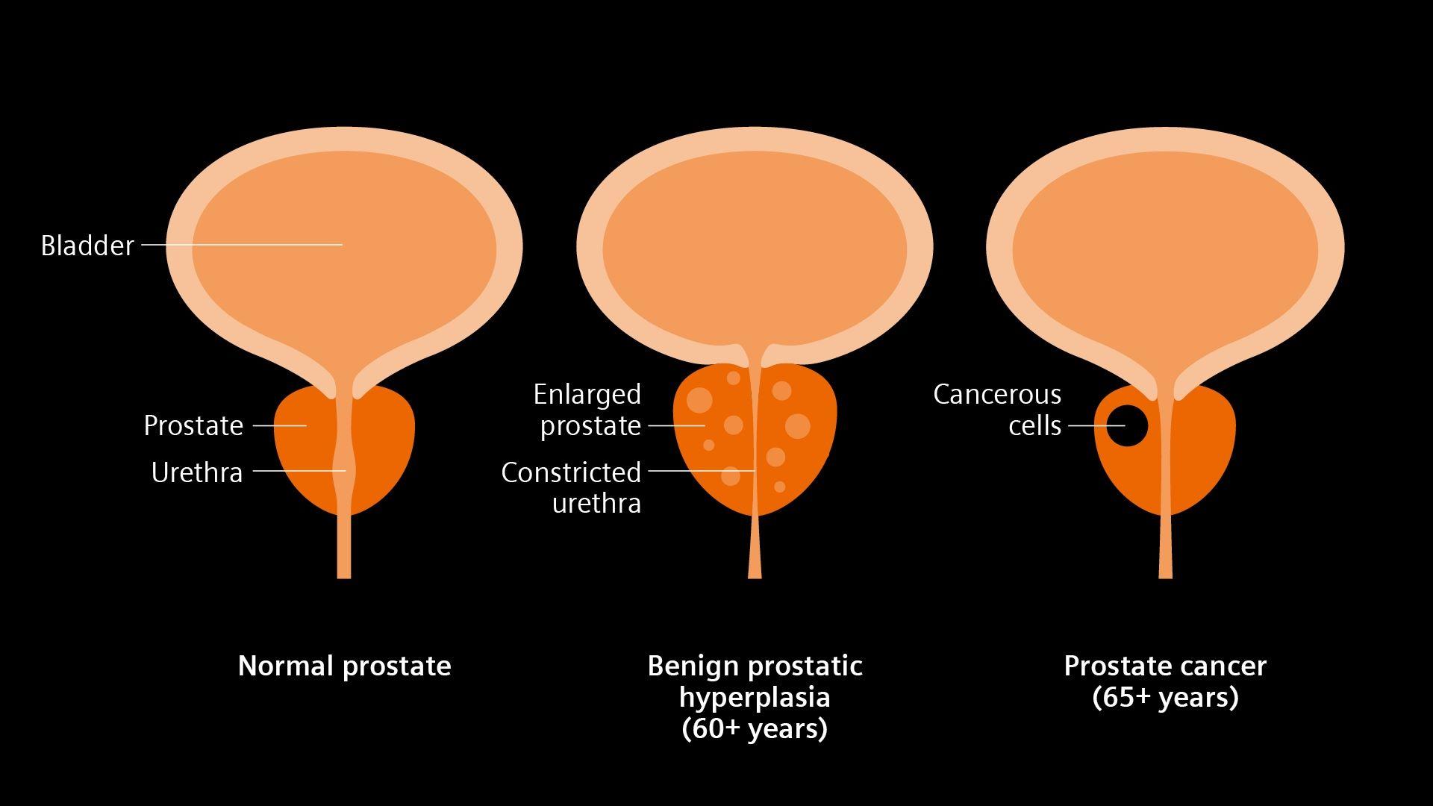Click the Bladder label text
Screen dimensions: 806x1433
(87, 246)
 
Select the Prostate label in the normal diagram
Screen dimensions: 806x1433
(193, 425)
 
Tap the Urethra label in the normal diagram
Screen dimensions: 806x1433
(197, 472)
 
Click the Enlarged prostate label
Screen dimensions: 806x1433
(587, 410)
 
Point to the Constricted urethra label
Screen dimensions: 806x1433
(572, 487)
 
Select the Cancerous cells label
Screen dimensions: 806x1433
(997, 410)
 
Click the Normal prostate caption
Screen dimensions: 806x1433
(344, 666)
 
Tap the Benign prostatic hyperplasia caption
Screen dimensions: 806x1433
(755, 681)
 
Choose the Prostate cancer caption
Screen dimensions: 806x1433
(1165, 666)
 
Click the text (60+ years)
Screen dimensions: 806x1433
(755, 728)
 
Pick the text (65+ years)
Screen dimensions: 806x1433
(1165, 697)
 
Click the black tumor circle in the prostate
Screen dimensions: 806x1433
(1127, 425)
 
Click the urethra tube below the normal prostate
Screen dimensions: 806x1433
(344, 549)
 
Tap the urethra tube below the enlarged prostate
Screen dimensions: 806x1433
(755, 552)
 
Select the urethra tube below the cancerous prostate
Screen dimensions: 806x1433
(1165, 549)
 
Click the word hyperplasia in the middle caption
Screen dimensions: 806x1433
(755, 697)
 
